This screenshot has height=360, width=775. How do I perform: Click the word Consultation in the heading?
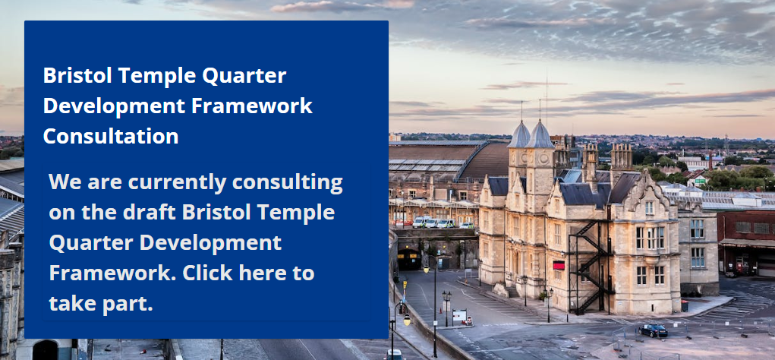pyautogui.click(x=111, y=136)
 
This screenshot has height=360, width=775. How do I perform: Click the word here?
pyautogui.click(x=267, y=273)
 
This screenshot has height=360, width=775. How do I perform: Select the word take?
pyautogui.click(x=73, y=303)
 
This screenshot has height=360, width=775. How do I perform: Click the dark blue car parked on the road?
pyautogui.click(x=653, y=330)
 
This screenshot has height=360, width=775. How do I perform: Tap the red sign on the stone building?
pyautogui.click(x=559, y=265)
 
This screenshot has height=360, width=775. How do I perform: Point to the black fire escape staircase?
pyautogui.click(x=591, y=262)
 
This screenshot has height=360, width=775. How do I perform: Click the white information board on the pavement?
pyautogui.click(x=459, y=314)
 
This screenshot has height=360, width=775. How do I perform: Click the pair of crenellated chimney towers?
pyautogui.click(x=606, y=156)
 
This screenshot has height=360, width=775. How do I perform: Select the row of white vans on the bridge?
pyautogui.click(x=433, y=223)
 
